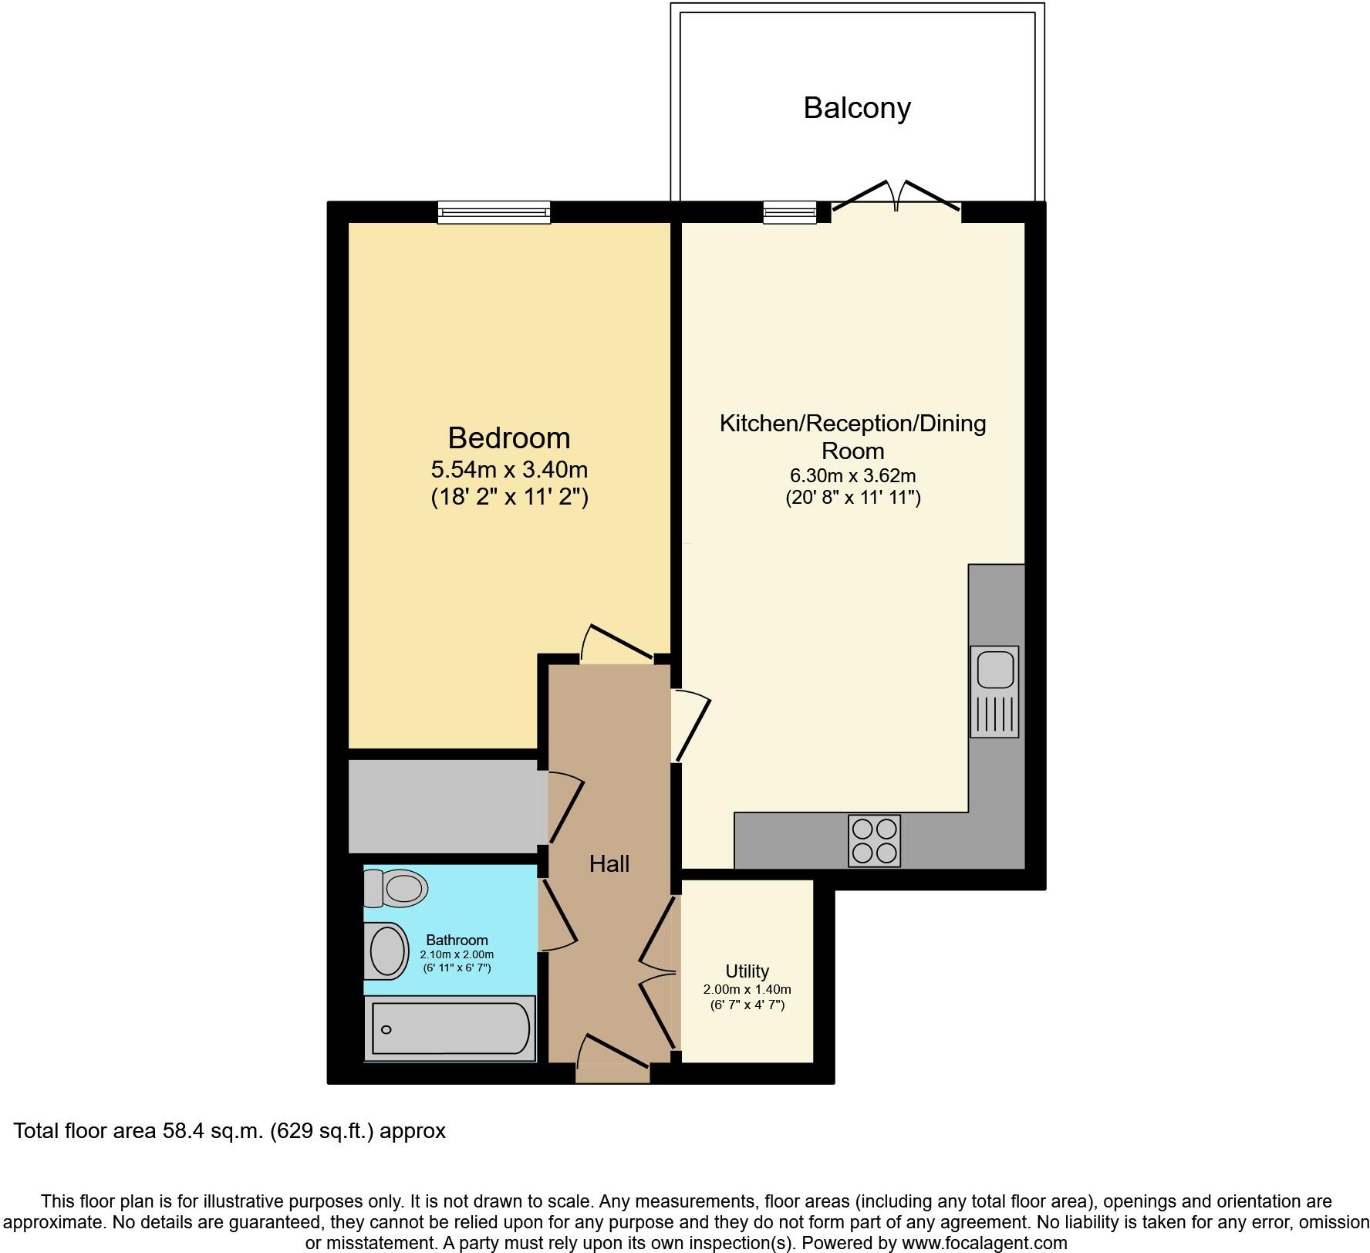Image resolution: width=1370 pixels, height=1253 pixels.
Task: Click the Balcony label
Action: click(857, 108)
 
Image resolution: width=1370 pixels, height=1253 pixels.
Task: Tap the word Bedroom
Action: click(509, 438)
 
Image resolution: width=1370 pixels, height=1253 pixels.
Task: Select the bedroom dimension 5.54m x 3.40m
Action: click(509, 469)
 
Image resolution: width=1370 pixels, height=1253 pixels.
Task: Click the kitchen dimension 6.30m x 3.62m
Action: click(852, 476)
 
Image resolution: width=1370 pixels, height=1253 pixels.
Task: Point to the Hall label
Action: click(609, 864)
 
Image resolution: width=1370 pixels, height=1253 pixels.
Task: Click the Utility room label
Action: click(747, 971)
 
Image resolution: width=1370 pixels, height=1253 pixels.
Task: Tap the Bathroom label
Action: click(457, 941)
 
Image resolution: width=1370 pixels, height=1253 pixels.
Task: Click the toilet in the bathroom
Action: click(396, 888)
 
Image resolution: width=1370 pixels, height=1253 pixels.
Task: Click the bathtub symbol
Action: click(450, 1028)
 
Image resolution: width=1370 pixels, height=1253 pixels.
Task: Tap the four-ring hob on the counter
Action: click(874, 841)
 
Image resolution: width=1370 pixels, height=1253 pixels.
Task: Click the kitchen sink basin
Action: click(994, 669)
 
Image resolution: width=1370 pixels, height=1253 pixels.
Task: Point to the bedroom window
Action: click(494, 212)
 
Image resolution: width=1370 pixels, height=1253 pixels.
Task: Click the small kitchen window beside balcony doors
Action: click(789, 212)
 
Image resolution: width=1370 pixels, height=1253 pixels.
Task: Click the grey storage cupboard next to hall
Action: click(443, 806)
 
